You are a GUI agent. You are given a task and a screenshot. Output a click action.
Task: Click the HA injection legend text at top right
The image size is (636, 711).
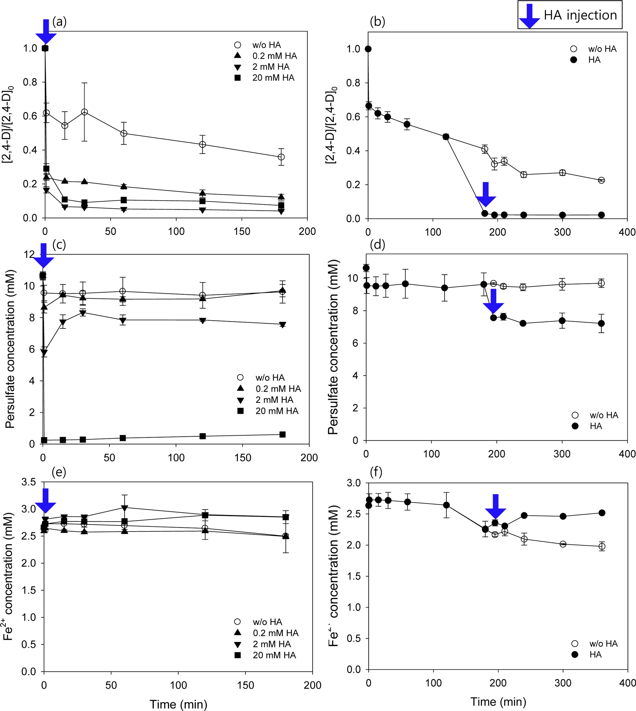coord(580,15)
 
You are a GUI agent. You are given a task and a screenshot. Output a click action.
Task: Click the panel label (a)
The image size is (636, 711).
coord(59,22)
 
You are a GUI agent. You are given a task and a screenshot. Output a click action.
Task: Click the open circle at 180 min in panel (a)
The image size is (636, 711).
coord(281,157)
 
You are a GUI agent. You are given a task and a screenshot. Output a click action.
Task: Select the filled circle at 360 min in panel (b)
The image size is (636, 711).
coord(601,215)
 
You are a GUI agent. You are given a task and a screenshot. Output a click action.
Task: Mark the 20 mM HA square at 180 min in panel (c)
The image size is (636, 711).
coord(283,435)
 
